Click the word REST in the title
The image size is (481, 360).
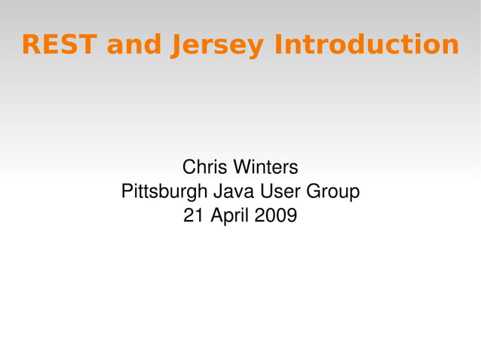point(58,44)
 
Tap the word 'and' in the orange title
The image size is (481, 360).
point(133,44)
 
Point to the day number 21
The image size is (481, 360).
point(193,216)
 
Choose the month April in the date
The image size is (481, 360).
point(231,217)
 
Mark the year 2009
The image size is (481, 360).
point(275,216)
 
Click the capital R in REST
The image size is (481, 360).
point(30,44)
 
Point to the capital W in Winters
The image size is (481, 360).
point(242,166)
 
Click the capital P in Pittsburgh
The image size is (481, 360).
point(127,191)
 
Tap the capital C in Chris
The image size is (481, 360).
point(189,166)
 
